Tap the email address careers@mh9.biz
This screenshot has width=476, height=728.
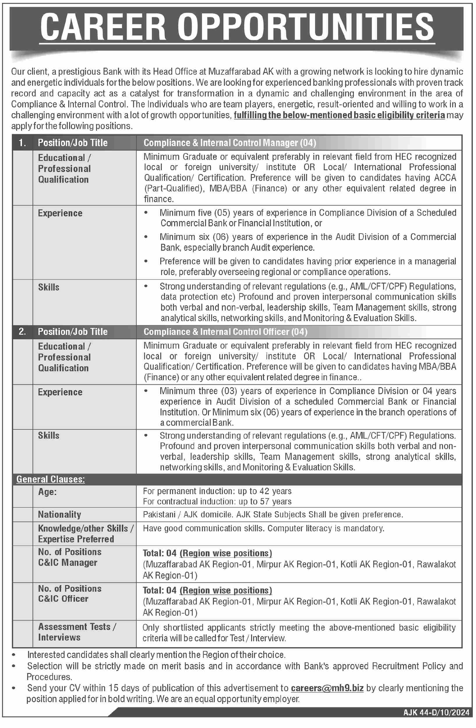327,688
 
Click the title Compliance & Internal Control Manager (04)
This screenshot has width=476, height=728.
230,143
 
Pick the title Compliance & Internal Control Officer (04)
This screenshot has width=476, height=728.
225,332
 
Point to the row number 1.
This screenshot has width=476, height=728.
22,143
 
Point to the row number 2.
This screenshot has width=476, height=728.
22,332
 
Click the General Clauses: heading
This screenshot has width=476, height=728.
51,479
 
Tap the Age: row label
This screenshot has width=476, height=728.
47,492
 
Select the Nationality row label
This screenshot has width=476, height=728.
59,514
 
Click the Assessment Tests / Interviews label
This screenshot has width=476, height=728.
77,632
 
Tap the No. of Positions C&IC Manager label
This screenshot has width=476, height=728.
70,557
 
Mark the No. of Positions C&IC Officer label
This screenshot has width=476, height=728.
70,594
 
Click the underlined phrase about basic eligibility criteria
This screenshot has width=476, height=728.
339,115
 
